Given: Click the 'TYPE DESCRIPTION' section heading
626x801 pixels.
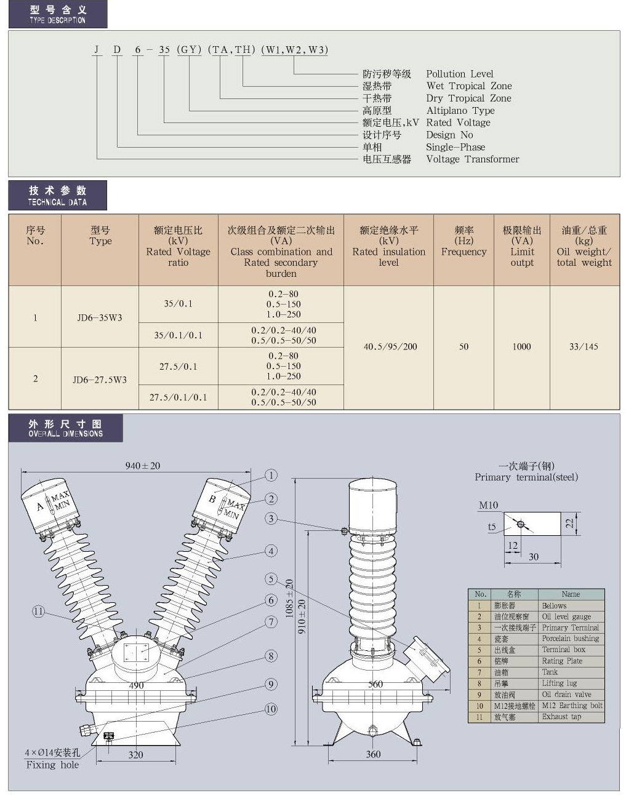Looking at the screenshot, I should (x=57, y=14).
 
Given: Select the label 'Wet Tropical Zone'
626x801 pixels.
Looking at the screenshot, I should (x=468, y=86).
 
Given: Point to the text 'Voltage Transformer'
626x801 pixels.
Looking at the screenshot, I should (x=472, y=159).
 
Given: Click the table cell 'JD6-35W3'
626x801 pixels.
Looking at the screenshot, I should (x=100, y=317).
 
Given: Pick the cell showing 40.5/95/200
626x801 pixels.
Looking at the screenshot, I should (x=390, y=347).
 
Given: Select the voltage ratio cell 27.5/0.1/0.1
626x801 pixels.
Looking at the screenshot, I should (x=178, y=397).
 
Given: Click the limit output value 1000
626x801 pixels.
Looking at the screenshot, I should (x=521, y=347).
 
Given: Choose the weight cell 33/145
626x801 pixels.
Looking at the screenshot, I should (x=584, y=347).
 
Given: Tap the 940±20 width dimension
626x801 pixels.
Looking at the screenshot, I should (x=142, y=466).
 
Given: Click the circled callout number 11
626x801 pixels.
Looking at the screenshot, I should (x=38, y=612).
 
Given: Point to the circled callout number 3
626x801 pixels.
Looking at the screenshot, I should (x=271, y=519).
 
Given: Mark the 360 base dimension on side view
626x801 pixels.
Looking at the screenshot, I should (x=373, y=754).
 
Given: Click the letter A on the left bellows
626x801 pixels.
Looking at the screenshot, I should (x=41, y=507).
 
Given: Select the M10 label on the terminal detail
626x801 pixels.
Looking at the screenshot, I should (x=488, y=505).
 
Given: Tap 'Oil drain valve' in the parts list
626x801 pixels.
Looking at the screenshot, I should (x=566, y=695).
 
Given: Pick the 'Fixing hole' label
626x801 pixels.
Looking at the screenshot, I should (x=52, y=765).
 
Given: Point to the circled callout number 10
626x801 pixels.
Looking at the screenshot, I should (x=271, y=709).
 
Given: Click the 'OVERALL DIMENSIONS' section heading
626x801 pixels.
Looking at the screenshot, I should (x=65, y=428).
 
